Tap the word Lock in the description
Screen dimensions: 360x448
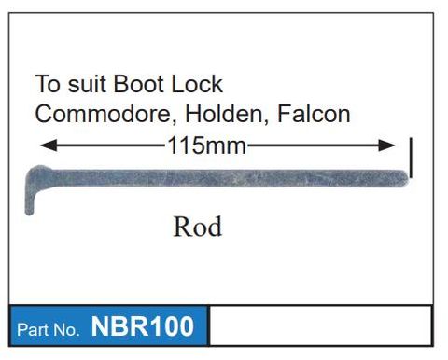click(x=196, y=84)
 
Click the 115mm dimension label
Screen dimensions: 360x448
click(x=206, y=145)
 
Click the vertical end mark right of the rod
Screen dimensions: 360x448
click(x=411, y=159)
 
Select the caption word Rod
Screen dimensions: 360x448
click(x=197, y=227)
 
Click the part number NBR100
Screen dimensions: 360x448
click(x=142, y=327)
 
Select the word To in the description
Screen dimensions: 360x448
click(x=46, y=84)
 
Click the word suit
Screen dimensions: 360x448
click(x=87, y=84)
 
